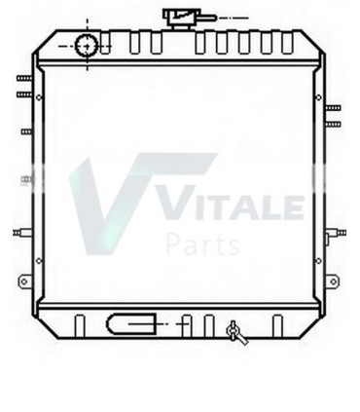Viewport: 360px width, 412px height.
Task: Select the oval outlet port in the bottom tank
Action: [132, 321]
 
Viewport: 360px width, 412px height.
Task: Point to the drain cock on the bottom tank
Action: [235, 333]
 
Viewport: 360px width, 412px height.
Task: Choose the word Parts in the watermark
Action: [202, 243]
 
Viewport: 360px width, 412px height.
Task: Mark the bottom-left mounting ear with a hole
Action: [22, 281]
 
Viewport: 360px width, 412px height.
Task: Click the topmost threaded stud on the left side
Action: [21, 78]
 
